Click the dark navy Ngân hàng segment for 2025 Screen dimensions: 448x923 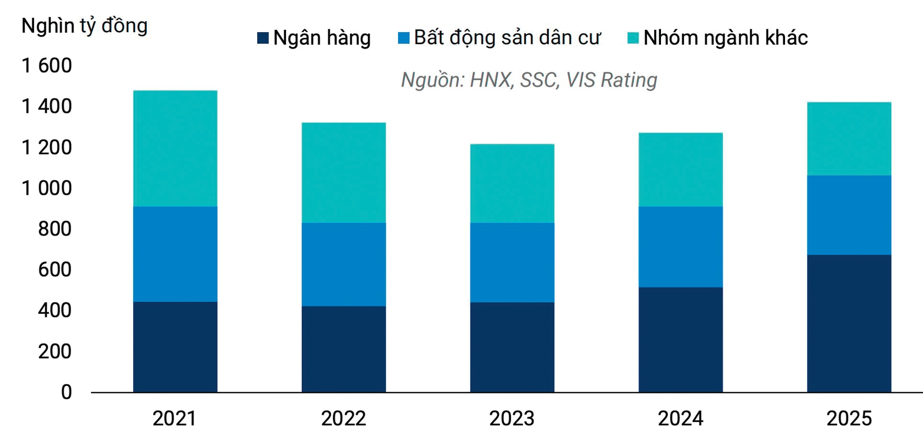849,324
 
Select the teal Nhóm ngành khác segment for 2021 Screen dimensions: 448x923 175,148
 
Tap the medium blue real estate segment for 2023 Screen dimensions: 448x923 512,262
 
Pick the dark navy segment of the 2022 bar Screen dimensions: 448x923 344,349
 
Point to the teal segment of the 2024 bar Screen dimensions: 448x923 680,170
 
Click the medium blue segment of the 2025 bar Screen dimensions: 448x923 849,215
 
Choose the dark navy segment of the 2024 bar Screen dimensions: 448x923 680,339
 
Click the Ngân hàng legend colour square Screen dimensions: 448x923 262,38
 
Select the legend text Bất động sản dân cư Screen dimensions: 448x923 507,38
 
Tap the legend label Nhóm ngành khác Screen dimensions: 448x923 725,38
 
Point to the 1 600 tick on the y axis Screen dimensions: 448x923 47,65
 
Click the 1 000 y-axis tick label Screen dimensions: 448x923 47,188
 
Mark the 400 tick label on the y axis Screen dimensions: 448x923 54,311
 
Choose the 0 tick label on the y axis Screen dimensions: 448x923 66,392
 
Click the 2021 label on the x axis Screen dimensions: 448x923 175,418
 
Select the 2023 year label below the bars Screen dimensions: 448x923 511,418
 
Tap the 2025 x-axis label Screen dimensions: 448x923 848,418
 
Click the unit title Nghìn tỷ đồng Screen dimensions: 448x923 84,26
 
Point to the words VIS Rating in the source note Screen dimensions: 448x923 611,80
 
